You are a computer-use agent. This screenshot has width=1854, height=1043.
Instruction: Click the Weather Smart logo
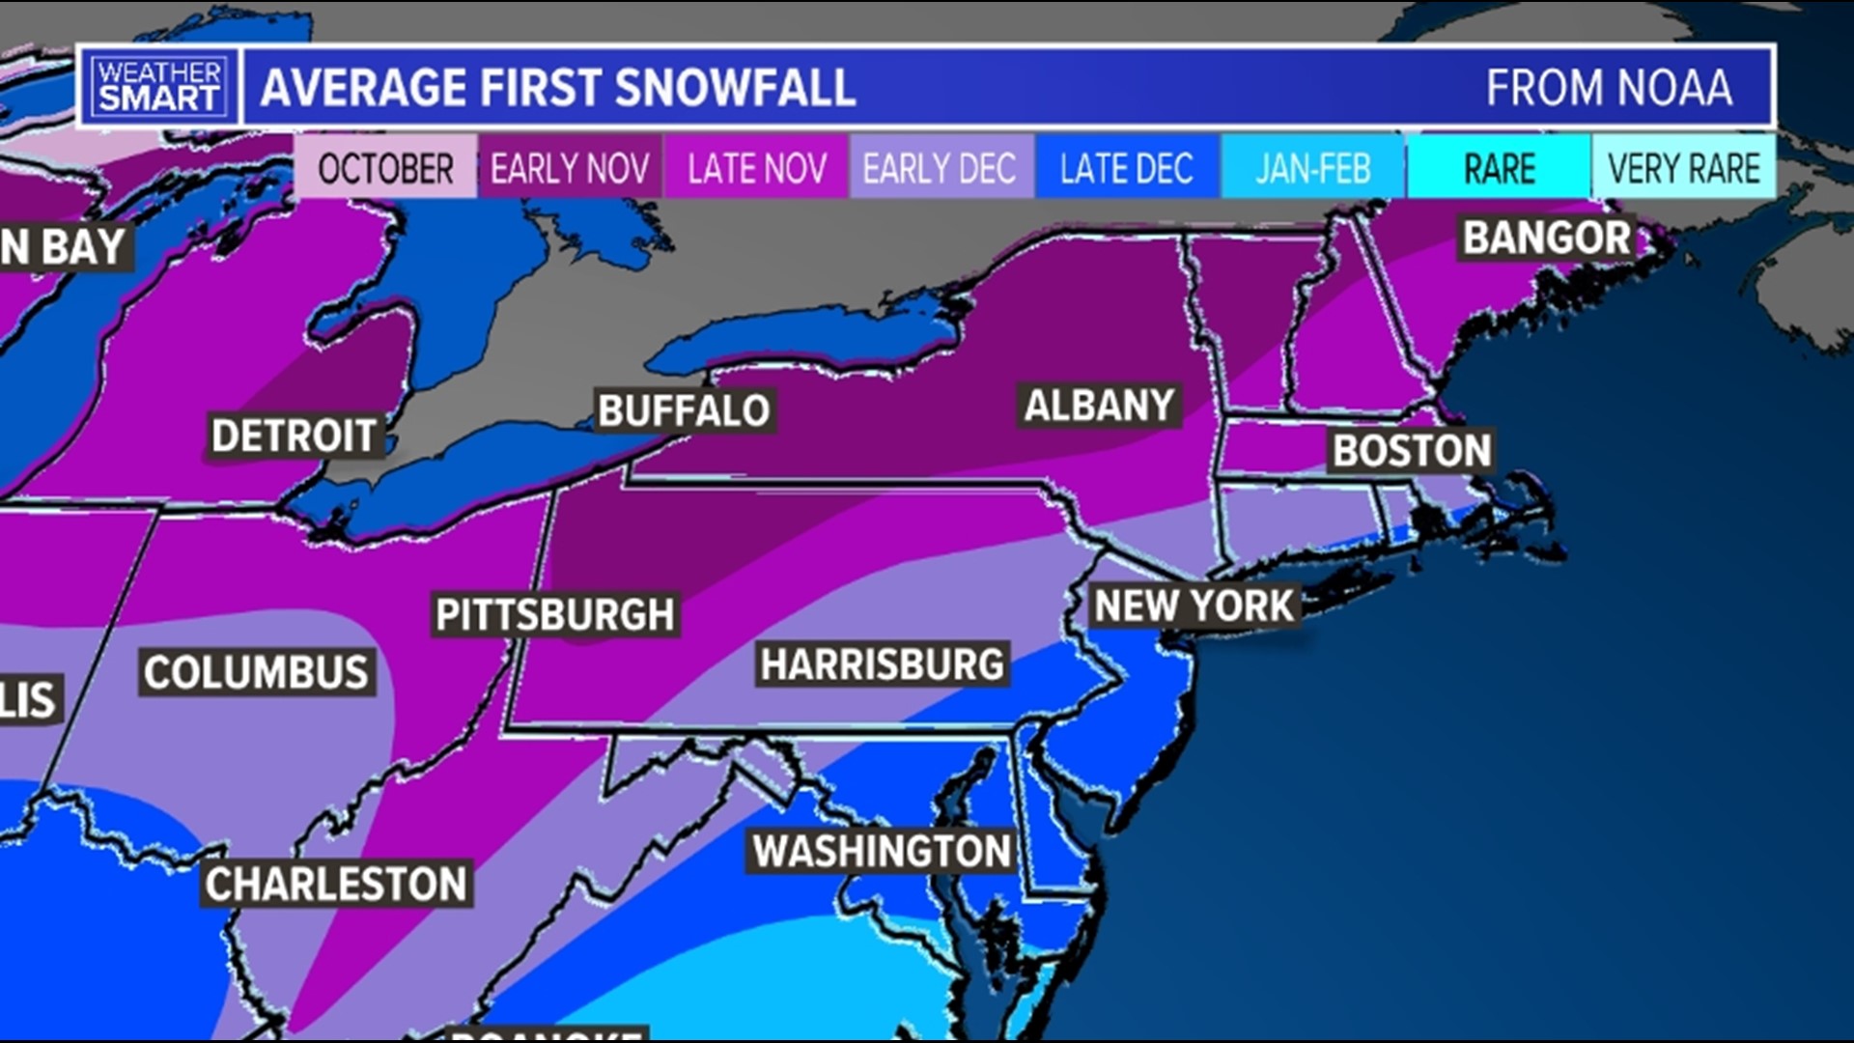[x=159, y=86]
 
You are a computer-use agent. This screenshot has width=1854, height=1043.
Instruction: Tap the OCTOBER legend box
[x=385, y=169]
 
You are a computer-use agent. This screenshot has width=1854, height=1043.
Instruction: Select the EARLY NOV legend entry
[x=570, y=169]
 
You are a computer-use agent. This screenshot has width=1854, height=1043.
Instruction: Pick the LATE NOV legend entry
[x=757, y=169]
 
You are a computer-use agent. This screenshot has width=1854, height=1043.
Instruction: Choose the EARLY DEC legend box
[x=940, y=169]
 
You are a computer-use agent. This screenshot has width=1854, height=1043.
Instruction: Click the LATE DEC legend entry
[x=1126, y=169]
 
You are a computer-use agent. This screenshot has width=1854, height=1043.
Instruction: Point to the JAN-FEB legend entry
[x=1312, y=169]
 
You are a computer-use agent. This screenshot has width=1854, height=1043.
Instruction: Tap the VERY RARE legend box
[x=1684, y=169]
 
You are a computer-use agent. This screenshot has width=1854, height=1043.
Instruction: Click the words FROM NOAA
[x=1609, y=88]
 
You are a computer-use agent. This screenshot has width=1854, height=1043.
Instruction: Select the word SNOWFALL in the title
[x=734, y=88]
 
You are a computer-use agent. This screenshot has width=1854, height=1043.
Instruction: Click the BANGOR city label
[x=1546, y=238]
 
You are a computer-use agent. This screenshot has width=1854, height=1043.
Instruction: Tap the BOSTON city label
[x=1412, y=451]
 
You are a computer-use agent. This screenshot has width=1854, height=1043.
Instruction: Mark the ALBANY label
[x=1099, y=406]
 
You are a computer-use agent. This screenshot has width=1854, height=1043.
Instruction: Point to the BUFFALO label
[x=684, y=411]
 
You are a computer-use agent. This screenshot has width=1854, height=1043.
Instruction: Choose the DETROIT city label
[x=294, y=437]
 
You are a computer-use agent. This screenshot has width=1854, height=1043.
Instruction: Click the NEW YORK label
[x=1194, y=606]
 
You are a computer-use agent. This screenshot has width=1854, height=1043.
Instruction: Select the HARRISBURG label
[x=883, y=664]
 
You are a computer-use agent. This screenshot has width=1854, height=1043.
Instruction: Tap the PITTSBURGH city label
[x=555, y=615]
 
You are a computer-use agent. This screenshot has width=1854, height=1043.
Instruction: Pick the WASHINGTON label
[x=882, y=852]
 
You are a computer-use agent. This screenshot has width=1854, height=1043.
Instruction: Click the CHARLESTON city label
[x=336, y=885]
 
